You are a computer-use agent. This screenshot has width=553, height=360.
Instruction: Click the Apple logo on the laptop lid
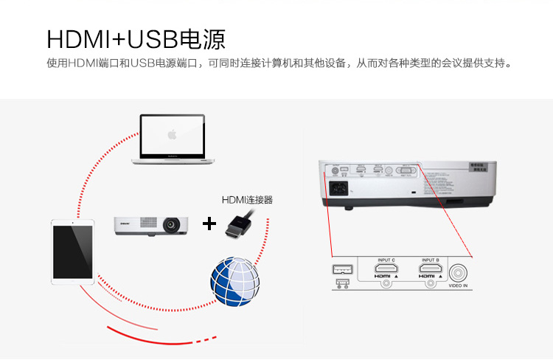(172, 134)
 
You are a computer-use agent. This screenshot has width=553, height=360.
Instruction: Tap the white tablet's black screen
(73, 251)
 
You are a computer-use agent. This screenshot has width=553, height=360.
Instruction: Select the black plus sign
(210, 223)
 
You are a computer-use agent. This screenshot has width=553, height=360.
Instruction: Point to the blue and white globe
(235, 282)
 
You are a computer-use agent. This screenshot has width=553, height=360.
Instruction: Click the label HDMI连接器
(247, 199)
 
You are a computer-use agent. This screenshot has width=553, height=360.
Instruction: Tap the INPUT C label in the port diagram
(386, 260)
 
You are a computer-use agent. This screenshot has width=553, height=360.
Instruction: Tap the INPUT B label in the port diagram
(431, 260)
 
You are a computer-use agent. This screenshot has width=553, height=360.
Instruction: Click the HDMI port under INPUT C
(386, 270)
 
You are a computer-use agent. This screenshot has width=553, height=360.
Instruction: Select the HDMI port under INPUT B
(431, 270)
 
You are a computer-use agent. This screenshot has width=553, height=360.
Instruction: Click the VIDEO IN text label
(458, 285)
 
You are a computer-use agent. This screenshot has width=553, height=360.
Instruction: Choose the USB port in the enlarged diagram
(342, 269)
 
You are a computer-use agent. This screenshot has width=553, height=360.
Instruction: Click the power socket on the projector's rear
(341, 187)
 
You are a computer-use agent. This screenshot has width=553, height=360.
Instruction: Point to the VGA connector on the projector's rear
(407, 171)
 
